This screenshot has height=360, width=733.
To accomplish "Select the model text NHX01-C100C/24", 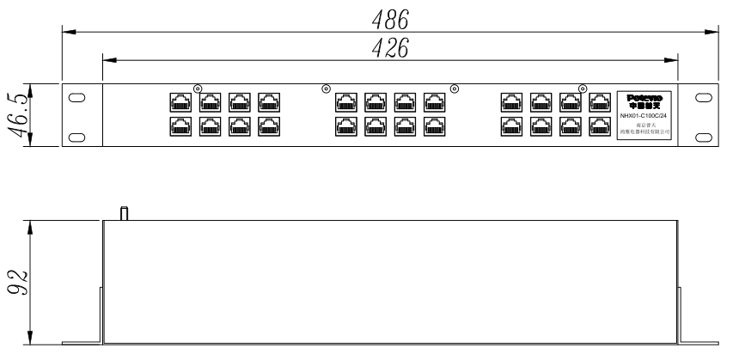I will [x=644, y=115].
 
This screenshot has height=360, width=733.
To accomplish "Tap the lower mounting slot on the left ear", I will [x=76, y=136].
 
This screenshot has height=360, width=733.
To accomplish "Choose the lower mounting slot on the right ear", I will [x=702, y=136].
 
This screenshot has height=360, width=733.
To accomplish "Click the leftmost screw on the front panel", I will [x=198, y=87].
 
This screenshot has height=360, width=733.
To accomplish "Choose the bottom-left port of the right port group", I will [x=512, y=128].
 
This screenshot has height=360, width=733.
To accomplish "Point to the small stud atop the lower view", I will [x=123, y=213].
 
